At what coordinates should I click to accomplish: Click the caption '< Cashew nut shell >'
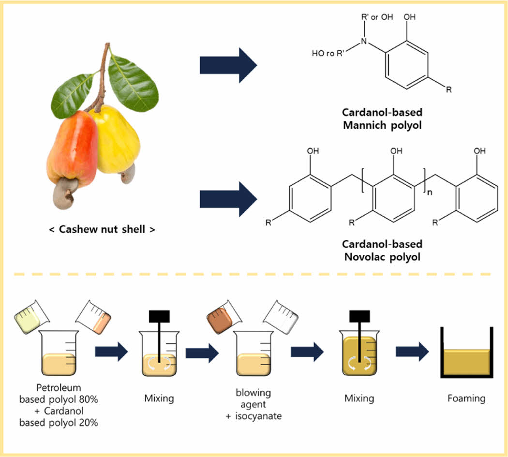click(102, 229)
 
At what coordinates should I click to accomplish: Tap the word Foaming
click(466, 398)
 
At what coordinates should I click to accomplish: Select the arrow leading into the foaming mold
click(412, 352)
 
